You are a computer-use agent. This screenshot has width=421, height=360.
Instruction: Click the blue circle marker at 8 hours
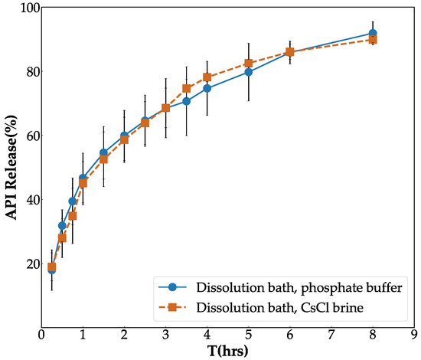(x=373, y=34)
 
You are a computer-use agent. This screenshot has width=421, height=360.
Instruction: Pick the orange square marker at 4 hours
(x=207, y=77)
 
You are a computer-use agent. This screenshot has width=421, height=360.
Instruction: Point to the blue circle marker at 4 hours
(x=207, y=88)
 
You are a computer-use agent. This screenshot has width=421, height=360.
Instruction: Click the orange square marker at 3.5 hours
(x=187, y=88)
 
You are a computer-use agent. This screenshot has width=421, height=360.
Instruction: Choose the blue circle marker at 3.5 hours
(x=187, y=101)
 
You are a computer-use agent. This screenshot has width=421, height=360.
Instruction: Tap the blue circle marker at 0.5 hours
(x=62, y=226)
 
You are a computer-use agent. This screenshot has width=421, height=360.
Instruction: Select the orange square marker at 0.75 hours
(x=73, y=216)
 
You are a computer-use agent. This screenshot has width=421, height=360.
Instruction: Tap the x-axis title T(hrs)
(x=228, y=351)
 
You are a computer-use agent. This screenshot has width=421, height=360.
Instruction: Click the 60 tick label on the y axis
(x=30, y=136)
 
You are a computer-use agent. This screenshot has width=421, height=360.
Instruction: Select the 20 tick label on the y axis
(x=30, y=264)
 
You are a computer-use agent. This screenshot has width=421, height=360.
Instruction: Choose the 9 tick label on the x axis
(x=414, y=335)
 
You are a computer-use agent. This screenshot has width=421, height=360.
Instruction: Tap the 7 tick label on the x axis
(x=331, y=335)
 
